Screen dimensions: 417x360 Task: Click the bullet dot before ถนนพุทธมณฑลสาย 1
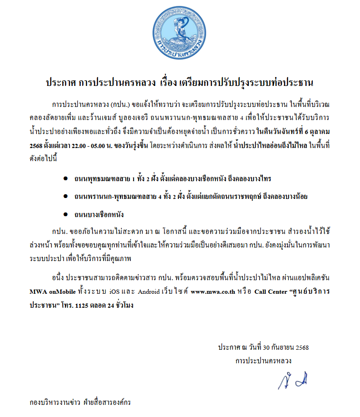(65, 179)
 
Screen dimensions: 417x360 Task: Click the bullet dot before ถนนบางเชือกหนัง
(65, 214)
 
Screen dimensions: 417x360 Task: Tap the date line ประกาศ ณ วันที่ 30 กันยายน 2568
(263, 347)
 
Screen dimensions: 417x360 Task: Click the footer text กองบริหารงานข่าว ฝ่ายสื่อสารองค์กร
(80, 402)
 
